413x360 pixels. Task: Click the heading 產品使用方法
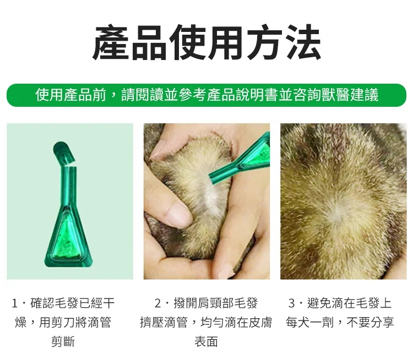206,43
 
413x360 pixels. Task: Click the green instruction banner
206,95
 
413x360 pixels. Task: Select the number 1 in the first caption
15,303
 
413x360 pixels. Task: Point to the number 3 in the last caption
292,303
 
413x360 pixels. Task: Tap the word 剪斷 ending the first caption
63,341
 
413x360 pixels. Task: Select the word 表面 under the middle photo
206,341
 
